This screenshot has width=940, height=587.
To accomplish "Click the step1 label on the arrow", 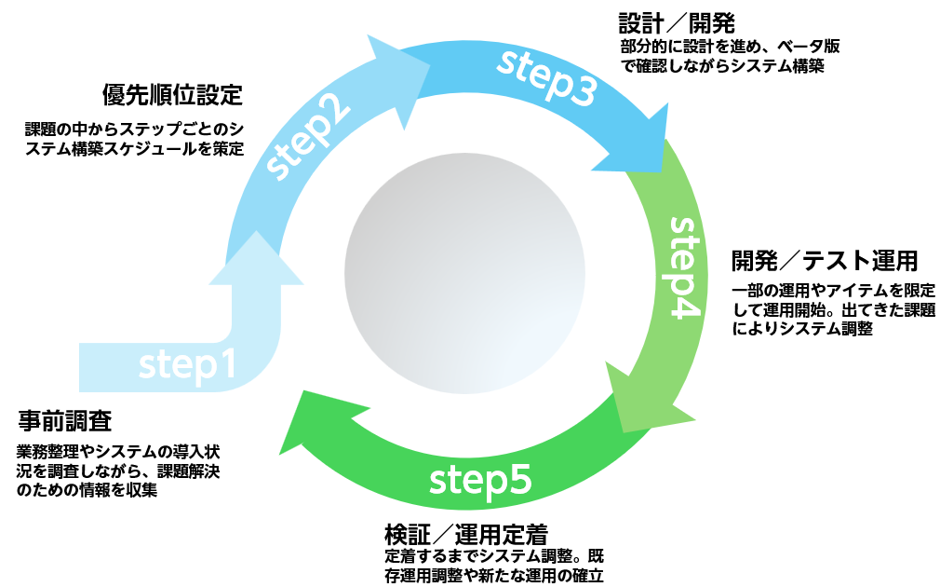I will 187,366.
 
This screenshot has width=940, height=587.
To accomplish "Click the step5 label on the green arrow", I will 480,481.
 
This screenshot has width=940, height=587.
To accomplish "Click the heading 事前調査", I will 64,421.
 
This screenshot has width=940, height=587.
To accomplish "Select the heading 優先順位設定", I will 172,95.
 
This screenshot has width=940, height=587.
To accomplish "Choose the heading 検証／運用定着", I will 465,535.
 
